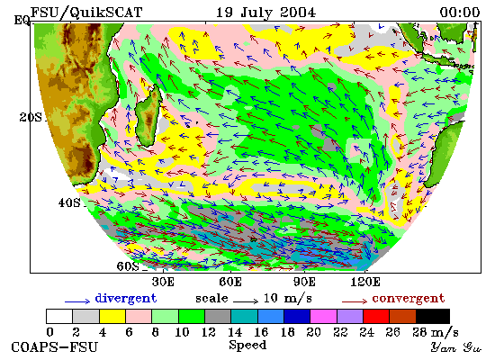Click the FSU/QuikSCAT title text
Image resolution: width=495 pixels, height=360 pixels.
pyautogui.click(x=86, y=13)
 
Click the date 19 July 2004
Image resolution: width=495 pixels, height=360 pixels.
pyautogui.click(x=265, y=13)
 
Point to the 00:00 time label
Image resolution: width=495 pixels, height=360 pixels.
pyautogui.click(x=460, y=13)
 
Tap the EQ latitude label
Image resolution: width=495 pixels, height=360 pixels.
pyautogui.click(x=22, y=20)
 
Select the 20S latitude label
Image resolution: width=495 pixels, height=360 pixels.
pyautogui.click(x=31, y=118)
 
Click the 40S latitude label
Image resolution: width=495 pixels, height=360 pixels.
pyautogui.click(x=69, y=202)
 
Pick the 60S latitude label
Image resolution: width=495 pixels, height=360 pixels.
pyautogui.click(x=128, y=266)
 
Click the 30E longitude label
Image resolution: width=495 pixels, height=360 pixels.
pyautogui.click(x=163, y=282)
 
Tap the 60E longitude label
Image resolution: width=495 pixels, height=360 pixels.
pyautogui.click(x=230, y=282)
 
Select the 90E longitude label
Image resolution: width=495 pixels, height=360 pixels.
pyautogui.click(x=304, y=282)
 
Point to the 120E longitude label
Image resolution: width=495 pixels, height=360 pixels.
pyautogui.click(x=365, y=282)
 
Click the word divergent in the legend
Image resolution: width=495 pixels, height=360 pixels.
pyautogui.click(x=126, y=299)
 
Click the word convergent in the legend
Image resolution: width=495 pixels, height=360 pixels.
pyautogui.click(x=409, y=299)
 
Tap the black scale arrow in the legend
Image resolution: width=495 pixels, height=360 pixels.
pyautogui.click(x=246, y=301)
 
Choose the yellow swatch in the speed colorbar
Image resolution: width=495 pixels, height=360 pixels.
pyautogui.click(x=112, y=317)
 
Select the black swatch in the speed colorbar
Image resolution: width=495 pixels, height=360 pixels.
pyautogui.click(x=433, y=317)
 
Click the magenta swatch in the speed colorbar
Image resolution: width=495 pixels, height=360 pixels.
pyautogui.click(x=324, y=317)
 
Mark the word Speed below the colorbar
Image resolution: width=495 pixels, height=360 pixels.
pyautogui.click(x=247, y=345)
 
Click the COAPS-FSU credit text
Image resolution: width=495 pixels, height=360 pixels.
pyautogui.click(x=54, y=347)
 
